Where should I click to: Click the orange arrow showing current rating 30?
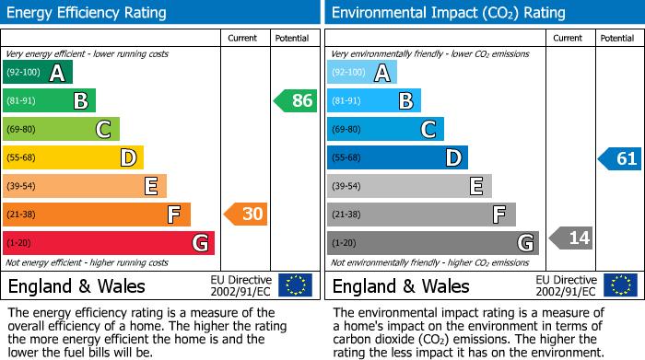point(246,215)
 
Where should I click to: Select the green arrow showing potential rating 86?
point(296,101)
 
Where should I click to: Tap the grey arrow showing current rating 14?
point(570,238)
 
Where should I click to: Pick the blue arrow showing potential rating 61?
point(619,158)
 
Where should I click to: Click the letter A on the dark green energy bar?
point(57,73)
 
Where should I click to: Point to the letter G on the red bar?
point(199,243)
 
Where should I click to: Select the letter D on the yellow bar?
point(128,158)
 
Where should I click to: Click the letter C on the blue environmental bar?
point(428,130)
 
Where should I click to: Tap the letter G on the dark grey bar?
point(524,243)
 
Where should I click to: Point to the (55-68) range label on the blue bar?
point(348,158)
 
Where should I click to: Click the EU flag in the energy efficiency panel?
point(295,285)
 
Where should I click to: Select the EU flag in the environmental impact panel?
point(620,285)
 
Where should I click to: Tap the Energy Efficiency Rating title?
point(87,13)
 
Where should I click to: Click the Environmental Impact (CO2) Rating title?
point(448,13)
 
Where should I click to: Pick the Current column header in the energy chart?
point(243,39)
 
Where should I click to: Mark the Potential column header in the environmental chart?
point(616,39)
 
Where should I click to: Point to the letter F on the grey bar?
point(499,215)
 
